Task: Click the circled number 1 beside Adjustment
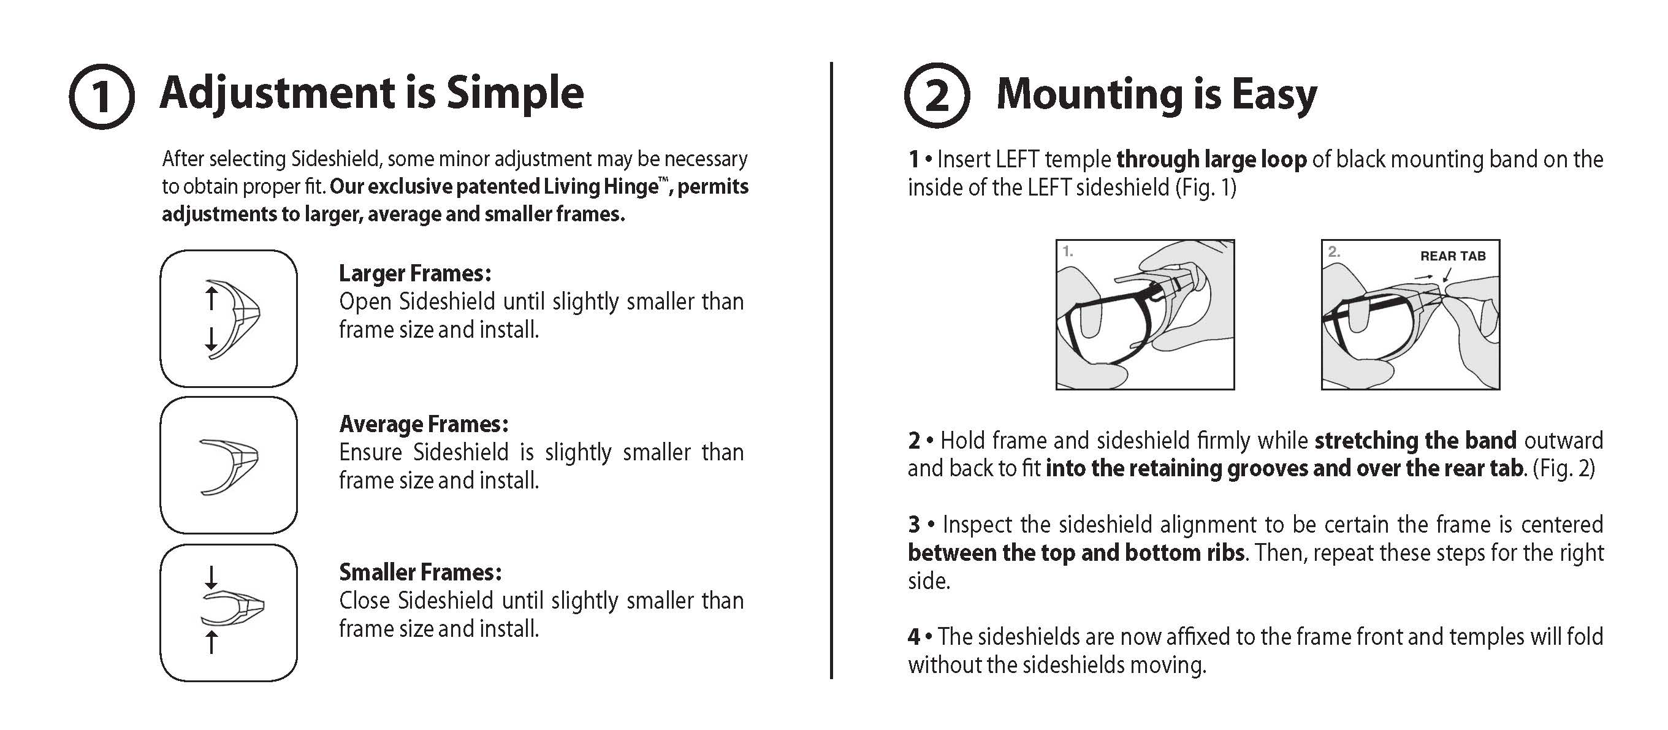[102, 96]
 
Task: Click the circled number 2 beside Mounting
[937, 95]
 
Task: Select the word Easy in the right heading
[1274, 94]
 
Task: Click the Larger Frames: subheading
[415, 274]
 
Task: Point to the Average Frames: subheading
[424, 425]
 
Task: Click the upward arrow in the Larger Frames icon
[211, 298]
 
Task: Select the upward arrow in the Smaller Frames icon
[211, 642]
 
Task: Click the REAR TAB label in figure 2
[1452, 256]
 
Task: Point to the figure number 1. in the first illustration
[1068, 251]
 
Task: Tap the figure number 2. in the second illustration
[1334, 251]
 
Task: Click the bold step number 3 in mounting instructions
[913, 524]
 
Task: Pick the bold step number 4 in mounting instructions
[913, 637]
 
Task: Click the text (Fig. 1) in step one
[1205, 188]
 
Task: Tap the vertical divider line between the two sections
[831, 370]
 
